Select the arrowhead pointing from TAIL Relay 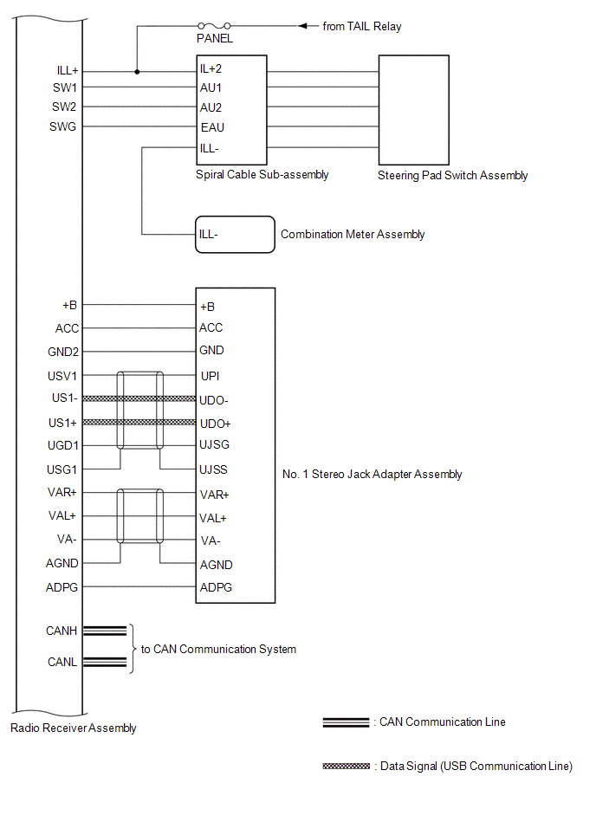[303, 26]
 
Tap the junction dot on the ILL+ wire [136, 72]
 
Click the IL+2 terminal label [212, 68]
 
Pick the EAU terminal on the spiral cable [211, 127]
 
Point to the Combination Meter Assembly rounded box [235, 235]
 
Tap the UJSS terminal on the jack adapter [213, 470]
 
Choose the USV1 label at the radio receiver [63, 377]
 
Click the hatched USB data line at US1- [139, 399]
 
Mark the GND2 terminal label [62, 351]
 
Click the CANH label [62, 631]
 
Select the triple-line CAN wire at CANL [105, 663]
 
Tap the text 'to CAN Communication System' [218, 650]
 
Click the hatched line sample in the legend [347, 767]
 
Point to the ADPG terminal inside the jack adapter [216, 587]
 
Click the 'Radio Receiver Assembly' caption [74, 728]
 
